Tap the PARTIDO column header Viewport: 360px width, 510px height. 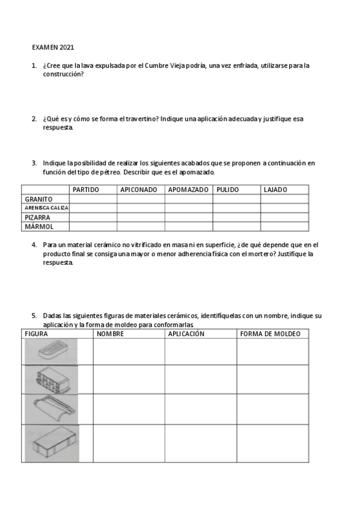pyautogui.click(x=85, y=189)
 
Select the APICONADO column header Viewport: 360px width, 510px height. pyautogui.click(x=139, y=189)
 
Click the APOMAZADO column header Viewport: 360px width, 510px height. pyautogui.click(x=188, y=189)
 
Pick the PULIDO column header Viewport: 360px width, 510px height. pyautogui.click(x=228, y=189)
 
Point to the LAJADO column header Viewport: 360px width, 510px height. pyautogui.click(x=275, y=189)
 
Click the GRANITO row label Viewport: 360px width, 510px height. pyautogui.click(x=38, y=199)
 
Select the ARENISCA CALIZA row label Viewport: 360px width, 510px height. pyautogui.click(x=46, y=208)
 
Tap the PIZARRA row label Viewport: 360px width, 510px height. pyautogui.click(x=37, y=217)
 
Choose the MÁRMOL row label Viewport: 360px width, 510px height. pyautogui.click(x=38, y=227)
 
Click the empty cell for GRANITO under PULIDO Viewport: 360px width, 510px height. pyautogui.click(x=236, y=199)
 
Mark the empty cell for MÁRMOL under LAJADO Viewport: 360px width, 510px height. pyautogui.click(x=284, y=227)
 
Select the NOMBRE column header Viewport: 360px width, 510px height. pyautogui.click(x=110, y=334)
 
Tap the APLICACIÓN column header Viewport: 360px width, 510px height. pyautogui.click(x=186, y=334)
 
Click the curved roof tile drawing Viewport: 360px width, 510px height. pyautogui.click(x=52, y=410)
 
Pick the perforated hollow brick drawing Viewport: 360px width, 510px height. pyautogui.click(x=52, y=379)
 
